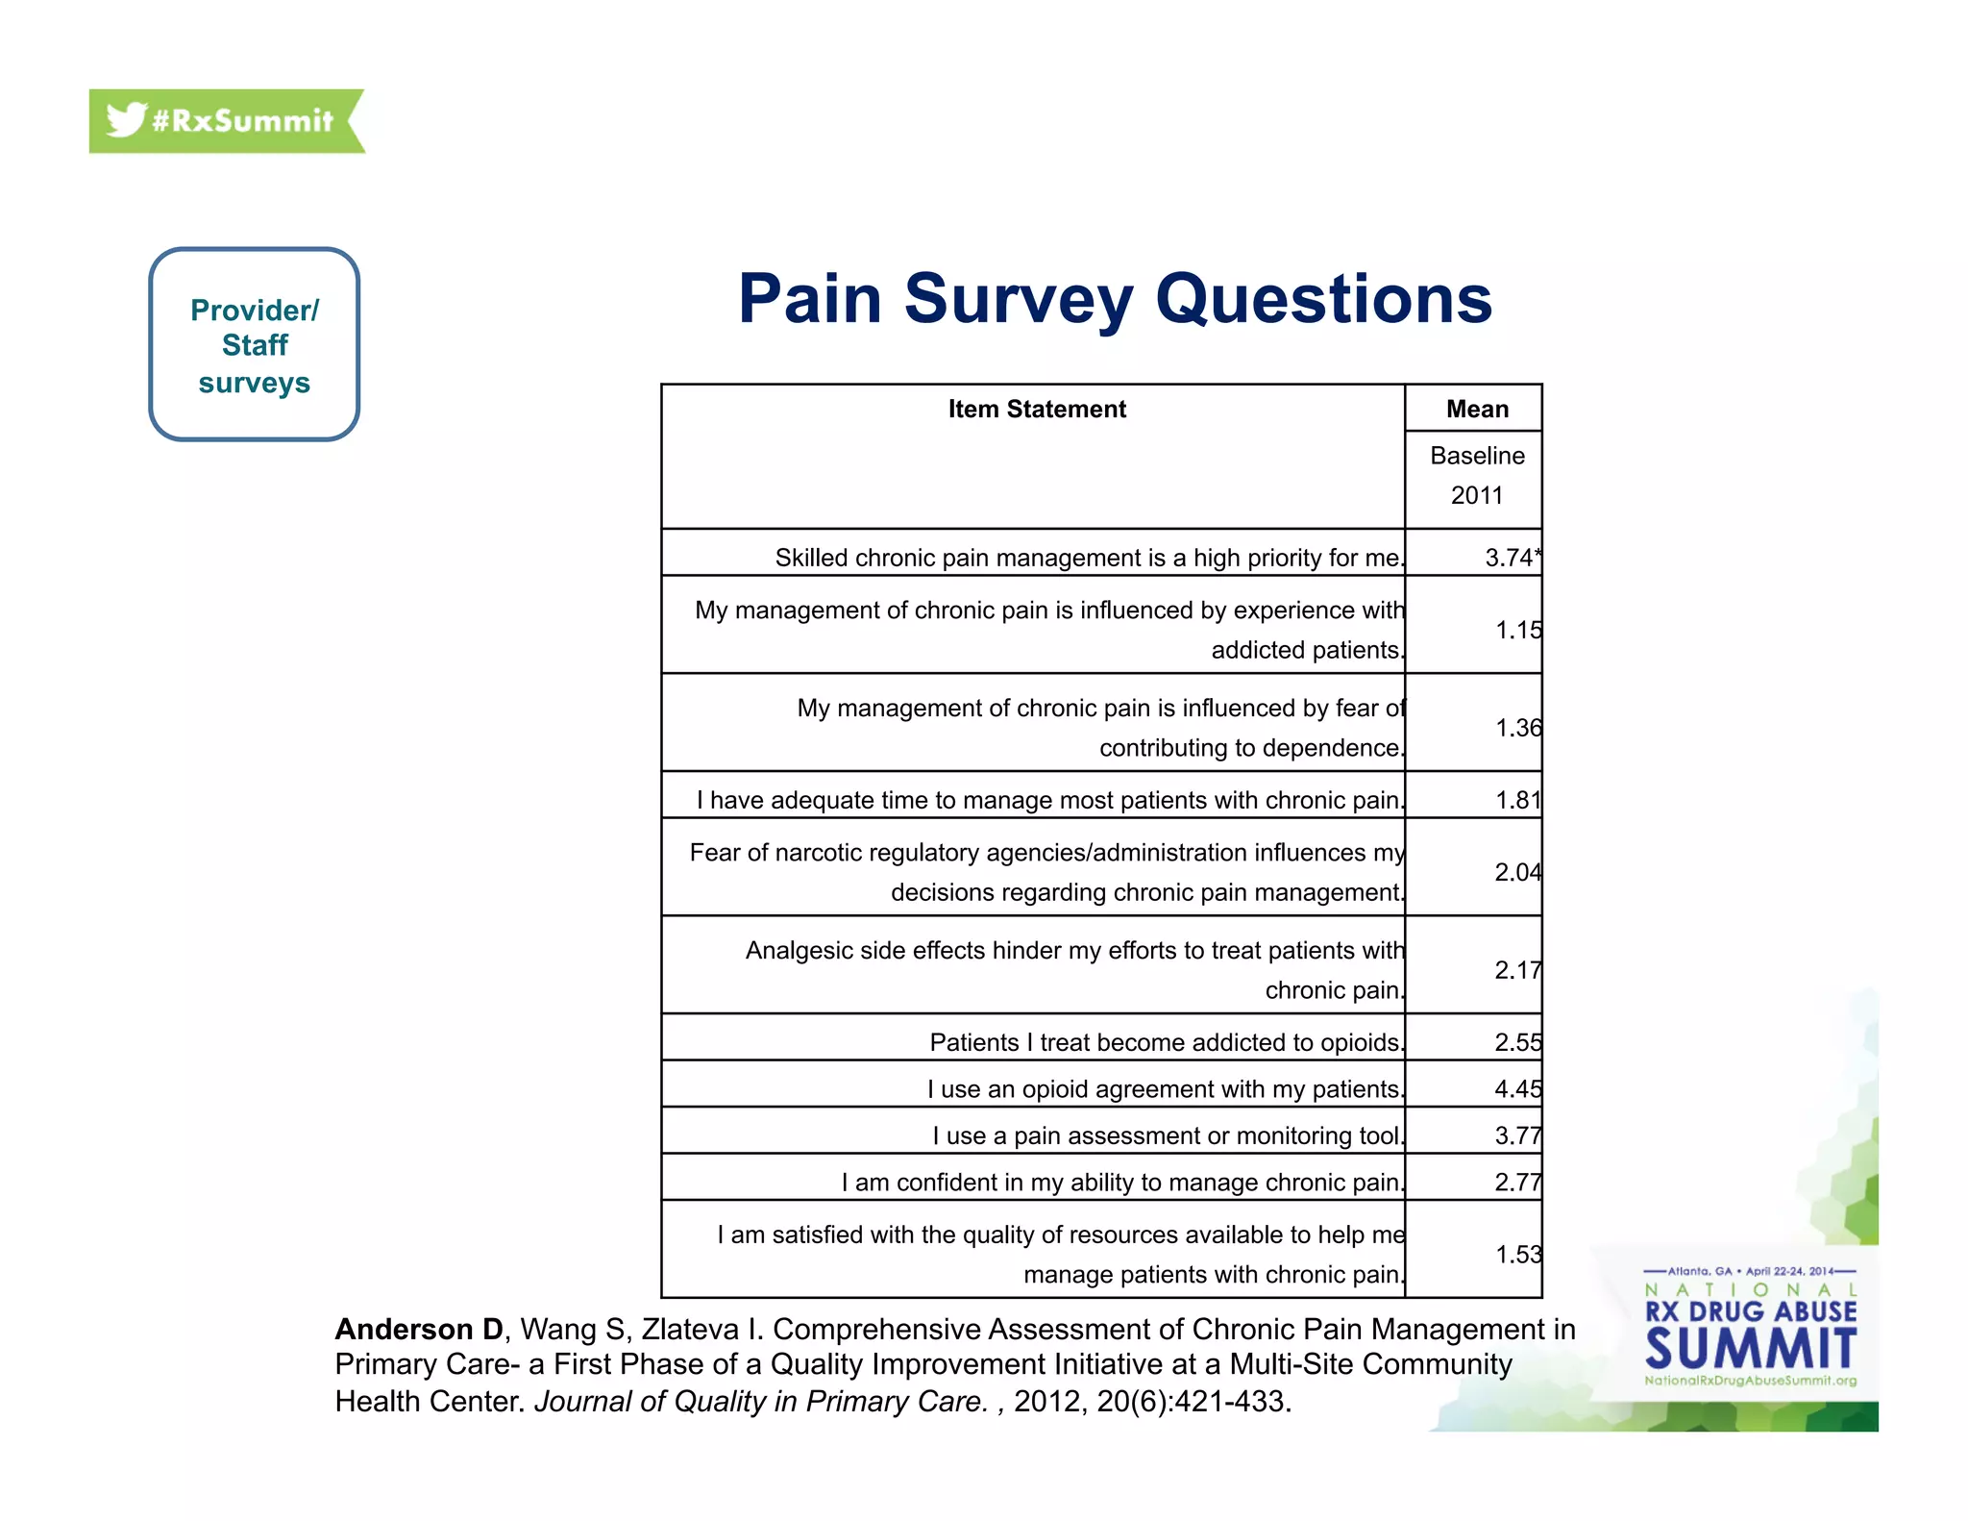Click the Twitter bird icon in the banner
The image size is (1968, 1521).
pos(126,120)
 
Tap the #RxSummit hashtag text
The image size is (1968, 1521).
pos(242,121)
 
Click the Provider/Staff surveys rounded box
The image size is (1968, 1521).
pos(254,344)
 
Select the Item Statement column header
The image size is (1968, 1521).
pos(1036,410)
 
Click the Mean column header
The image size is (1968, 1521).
pos(1476,410)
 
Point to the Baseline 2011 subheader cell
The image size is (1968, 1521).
pos(1476,476)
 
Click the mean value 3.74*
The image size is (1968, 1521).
pos(1512,558)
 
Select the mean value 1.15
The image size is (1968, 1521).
pos(1517,630)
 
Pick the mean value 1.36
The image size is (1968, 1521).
pos(1517,728)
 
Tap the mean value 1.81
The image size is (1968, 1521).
pos(1517,800)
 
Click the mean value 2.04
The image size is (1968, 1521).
pos(1516,872)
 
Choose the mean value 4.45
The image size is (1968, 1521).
pos(1516,1089)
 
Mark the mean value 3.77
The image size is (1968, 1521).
pos(1516,1135)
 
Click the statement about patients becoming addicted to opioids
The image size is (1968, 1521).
pos(1166,1042)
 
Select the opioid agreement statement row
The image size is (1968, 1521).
pos(1165,1089)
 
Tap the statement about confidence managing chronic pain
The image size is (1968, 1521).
pos(1121,1183)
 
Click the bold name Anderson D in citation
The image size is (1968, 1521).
pos(419,1329)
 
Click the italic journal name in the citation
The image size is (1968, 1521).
pos(760,1402)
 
